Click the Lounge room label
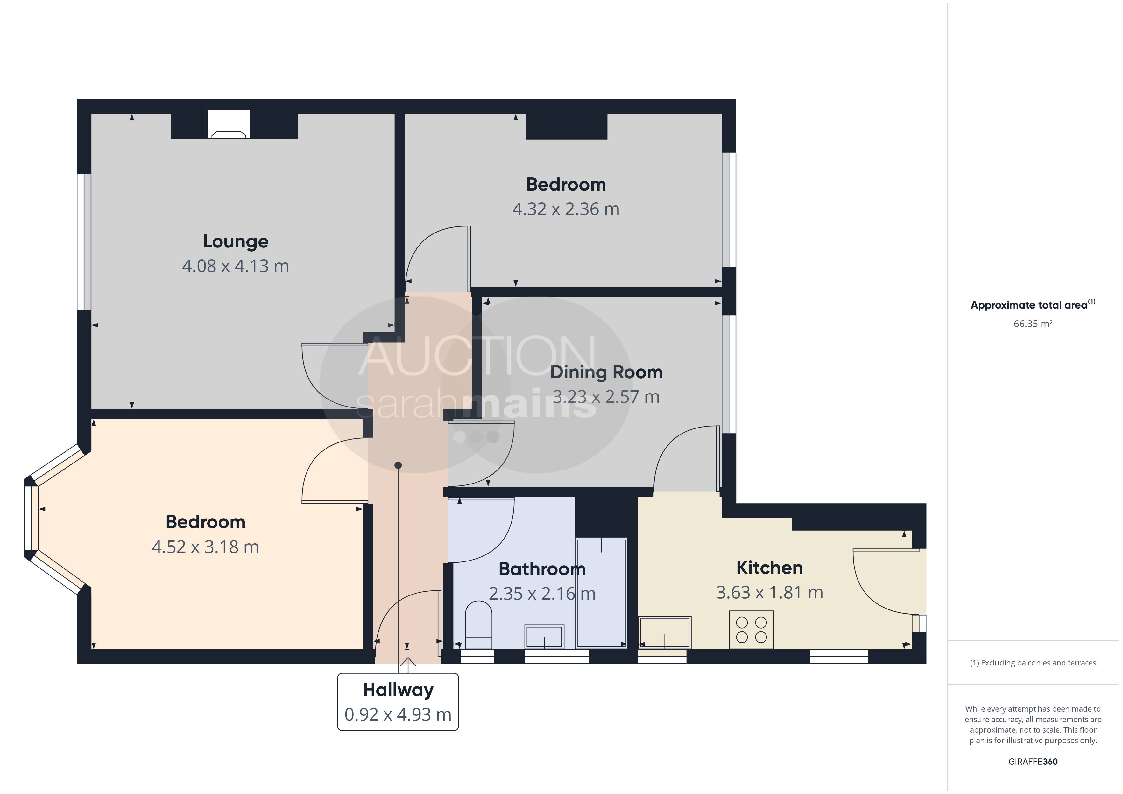pos(236,241)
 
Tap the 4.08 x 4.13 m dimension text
pos(236,266)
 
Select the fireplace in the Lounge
pos(229,125)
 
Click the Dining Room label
pos(606,372)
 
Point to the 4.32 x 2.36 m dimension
pos(566,209)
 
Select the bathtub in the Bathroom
pos(601,593)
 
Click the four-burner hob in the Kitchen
pos(751,630)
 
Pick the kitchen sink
pos(665,633)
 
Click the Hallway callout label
pos(398,690)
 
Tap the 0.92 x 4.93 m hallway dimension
pos(398,715)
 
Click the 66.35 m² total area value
pos(1033,324)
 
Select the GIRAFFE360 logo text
pos(1033,762)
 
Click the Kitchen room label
pos(769,568)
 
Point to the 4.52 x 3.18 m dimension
pos(205,547)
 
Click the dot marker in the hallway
pos(398,465)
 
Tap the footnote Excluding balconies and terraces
pos(1033,663)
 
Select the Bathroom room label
pos(542,569)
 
